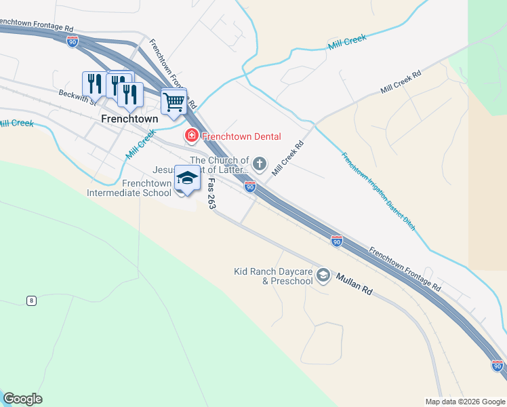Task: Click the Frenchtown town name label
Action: click(129, 118)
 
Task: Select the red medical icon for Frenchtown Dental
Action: click(192, 136)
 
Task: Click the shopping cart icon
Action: click(174, 102)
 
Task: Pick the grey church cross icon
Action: click(260, 163)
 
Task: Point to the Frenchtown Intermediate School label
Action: click(129, 188)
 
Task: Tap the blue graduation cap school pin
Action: click(187, 178)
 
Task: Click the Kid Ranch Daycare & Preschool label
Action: click(273, 276)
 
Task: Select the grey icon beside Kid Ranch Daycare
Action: click(323, 275)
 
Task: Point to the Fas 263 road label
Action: click(211, 194)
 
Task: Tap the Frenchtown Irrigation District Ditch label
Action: click(378, 191)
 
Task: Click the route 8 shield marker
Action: click(31, 301)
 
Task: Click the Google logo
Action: click(22, 399)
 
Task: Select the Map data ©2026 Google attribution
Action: click(465, 402)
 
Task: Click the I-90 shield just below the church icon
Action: click(250, 186)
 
